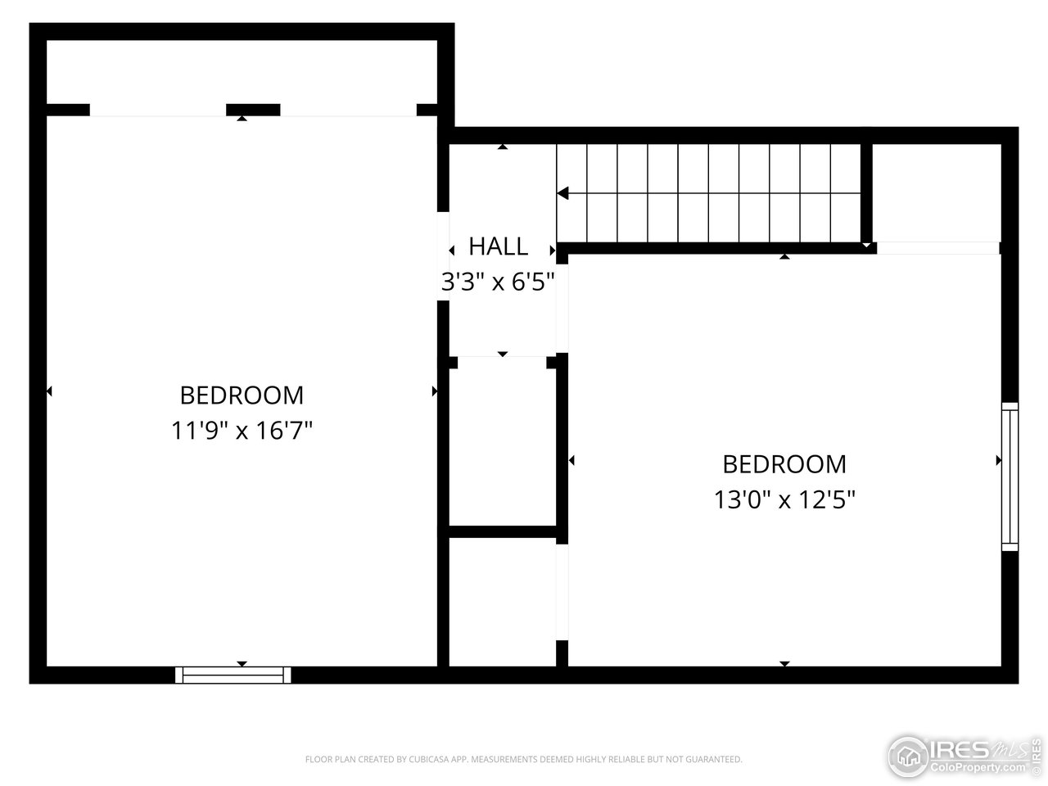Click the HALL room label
[x=498, y=246]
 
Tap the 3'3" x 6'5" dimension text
[x=498, y=282]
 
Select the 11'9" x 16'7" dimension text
[x=242, y=431]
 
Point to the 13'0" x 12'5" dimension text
[x=784, y=499]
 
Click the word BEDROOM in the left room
[x=242, y=395]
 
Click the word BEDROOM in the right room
[x=784, y=464]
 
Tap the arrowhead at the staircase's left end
[x=562, y=194]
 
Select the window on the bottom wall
[x=233, y=675]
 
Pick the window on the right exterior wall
[x=1010, y=477]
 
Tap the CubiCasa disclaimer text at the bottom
[x=524, y=760]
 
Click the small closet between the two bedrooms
[x=502, y=442]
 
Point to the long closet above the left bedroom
[x=242, y=72]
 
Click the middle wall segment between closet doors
[x=253, y=110]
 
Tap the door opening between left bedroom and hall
[x=443, y=256]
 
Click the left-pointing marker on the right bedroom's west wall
[x=571, y=461]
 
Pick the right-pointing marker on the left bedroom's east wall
[x=435, y=392]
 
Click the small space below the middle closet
[x=502, y=602]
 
